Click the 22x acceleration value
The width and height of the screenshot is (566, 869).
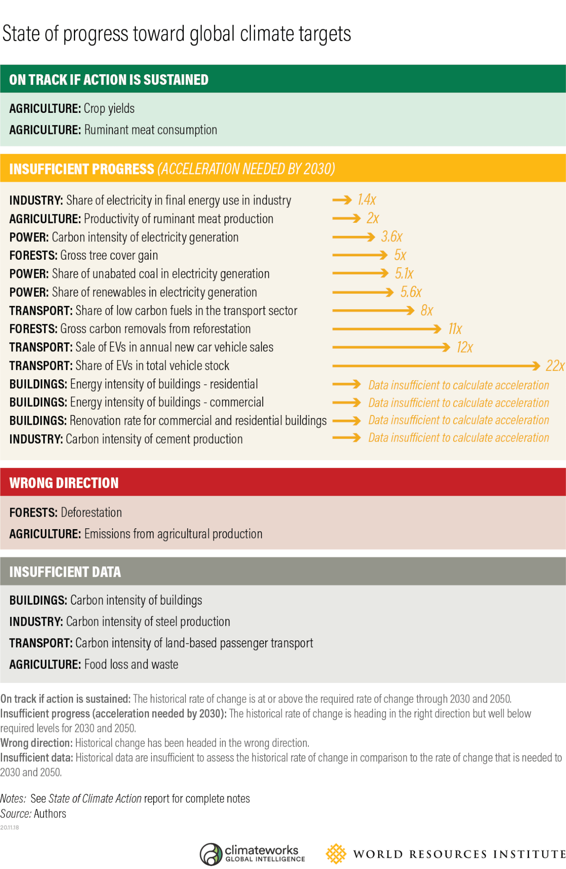pyautogui.click(x=555, y=366)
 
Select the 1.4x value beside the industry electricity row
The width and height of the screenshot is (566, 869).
pyautogui.click(x=367, y=199)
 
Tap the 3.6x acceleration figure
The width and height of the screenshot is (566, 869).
pyautogui.click(x=391, y=236)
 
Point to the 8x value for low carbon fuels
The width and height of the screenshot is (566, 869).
pyautogui.click(x=426, y=311)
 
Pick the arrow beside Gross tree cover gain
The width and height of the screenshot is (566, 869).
pyautogui.click(x=360, y=255)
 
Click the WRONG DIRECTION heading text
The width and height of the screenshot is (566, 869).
pyautogui.click(x=64, y=483)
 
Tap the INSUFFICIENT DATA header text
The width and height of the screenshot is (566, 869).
pyautogui.click(x=65, y=572)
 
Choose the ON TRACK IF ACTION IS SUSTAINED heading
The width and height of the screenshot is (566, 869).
pyautogui.click(x=109, y=80)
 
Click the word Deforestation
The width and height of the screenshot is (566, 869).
pyautogui.click(x=91, y=513)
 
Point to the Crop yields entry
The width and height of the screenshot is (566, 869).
pyautogui.click(x=109, y=109)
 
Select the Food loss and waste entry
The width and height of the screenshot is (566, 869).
pyautogui.click(x=131, y=664)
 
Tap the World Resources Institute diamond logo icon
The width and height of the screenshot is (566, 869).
pyautogui.click(x=336, y=854)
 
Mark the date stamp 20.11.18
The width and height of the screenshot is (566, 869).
pyautogui.click(x=9, y=827)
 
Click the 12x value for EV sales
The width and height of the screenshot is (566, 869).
pyautogui.click(x=465, y=348)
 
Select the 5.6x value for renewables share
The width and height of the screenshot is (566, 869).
pyautogui.click(x=411, y=292)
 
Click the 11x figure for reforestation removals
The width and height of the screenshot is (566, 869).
pyautogui.click(x=455, y=329)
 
